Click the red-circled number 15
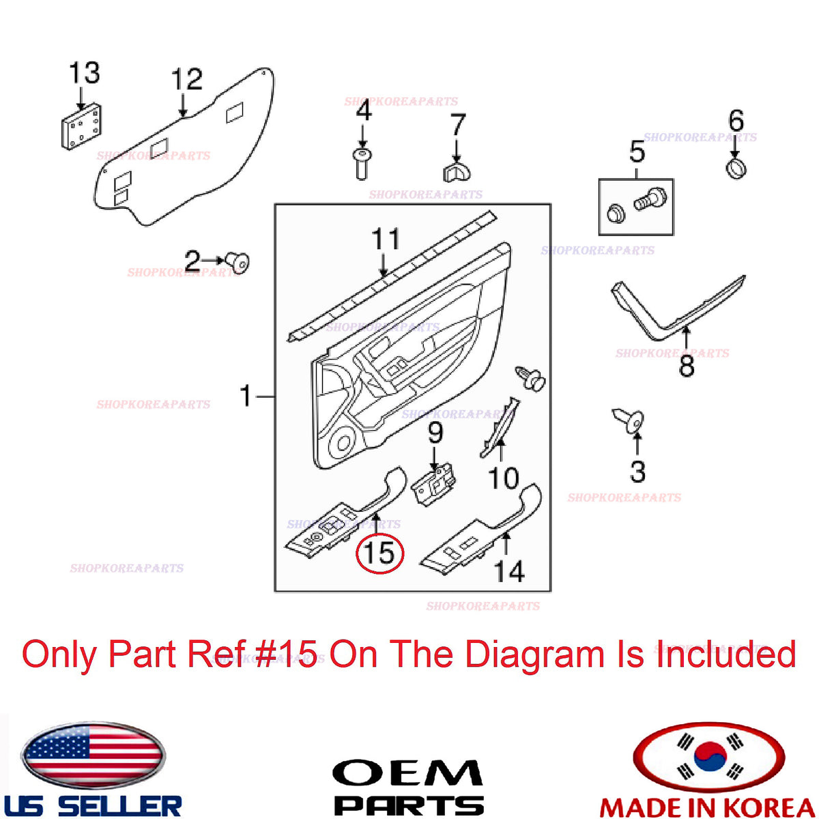(x=379, y=553)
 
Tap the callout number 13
(x=85, y=72)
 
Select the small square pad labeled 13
(x=81, y=126)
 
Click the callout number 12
(x=186, y=79)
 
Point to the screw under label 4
(x=362, y=164)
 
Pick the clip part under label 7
(x=457, y=171)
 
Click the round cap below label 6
(x=736, y=169)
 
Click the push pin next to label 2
(x=238, y=263)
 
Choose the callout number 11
(x=386, y=239)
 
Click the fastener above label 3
(x=629, y=421)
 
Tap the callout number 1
(x=246, y=396)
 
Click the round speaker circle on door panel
(x=343, y=443)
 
